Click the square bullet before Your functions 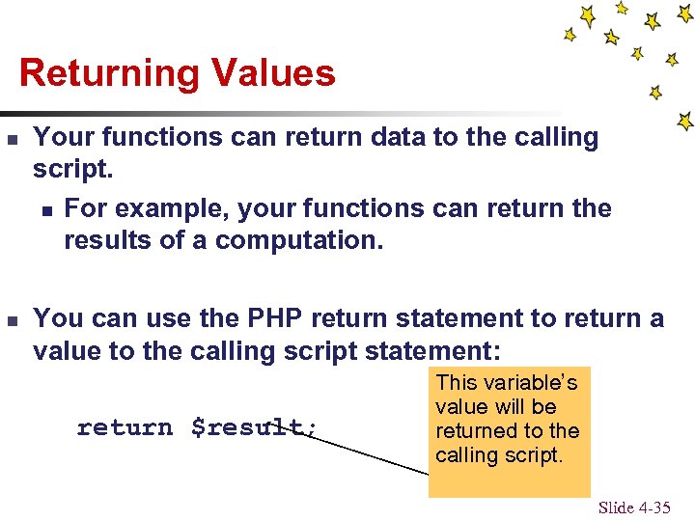tap(13, 139)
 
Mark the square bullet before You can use tap(13, 320)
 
